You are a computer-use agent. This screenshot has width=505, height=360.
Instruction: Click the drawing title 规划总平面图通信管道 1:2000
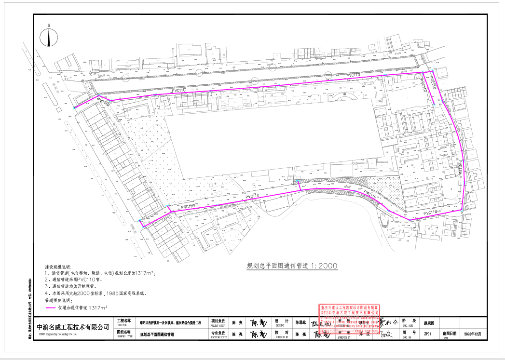(292, 266)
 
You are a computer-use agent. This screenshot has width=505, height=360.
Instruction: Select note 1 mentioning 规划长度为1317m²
(100, 273)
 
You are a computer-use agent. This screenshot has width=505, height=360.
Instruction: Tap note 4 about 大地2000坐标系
(95, 293)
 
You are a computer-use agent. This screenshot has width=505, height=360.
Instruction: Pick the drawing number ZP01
(427, 333)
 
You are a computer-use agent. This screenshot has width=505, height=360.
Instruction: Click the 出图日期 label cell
(449, 333)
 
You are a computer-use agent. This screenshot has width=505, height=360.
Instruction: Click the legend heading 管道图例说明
(57, 300)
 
